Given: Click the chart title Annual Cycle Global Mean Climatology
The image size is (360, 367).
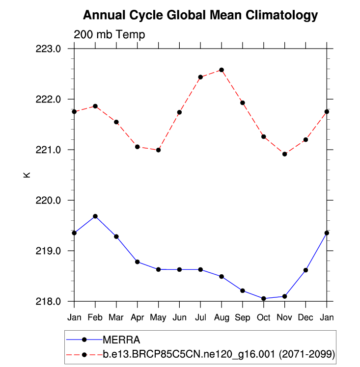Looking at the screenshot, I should click(x=200, y=16).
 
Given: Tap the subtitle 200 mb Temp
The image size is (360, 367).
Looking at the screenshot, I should click(x=110, y=34).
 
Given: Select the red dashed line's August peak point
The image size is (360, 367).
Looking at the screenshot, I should click(x=222, y=70).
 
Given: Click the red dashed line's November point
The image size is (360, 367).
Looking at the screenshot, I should click(x=285, y=154).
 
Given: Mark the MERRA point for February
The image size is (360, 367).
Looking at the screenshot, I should click(x=95, y=216).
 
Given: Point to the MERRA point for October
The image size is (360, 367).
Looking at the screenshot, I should click(x=264, y=298).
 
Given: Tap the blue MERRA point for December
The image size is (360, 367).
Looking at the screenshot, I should click(x=305, y=270).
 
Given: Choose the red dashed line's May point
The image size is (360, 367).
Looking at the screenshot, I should click(x=158, y=150).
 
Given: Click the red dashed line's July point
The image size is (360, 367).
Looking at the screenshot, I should click(x=200, y=77).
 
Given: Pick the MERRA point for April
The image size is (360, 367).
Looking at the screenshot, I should click(x=138, y=262).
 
